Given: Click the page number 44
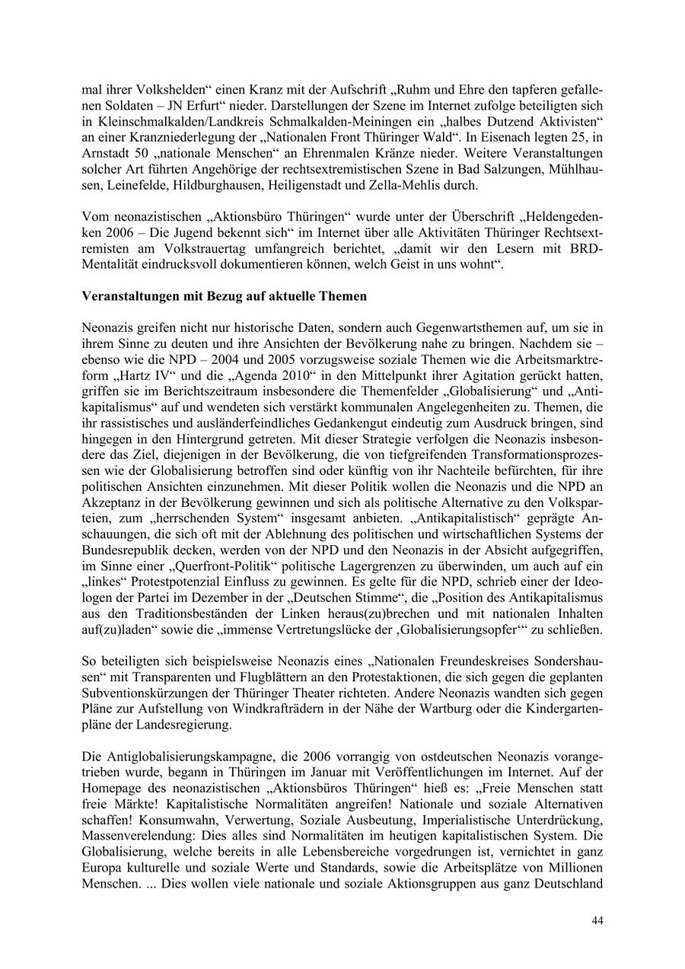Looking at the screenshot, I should click(x=597, y=920).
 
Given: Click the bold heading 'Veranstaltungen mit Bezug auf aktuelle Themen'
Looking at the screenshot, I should click(x=224, y=296).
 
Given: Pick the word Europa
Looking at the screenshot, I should click(x=104, y=870).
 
